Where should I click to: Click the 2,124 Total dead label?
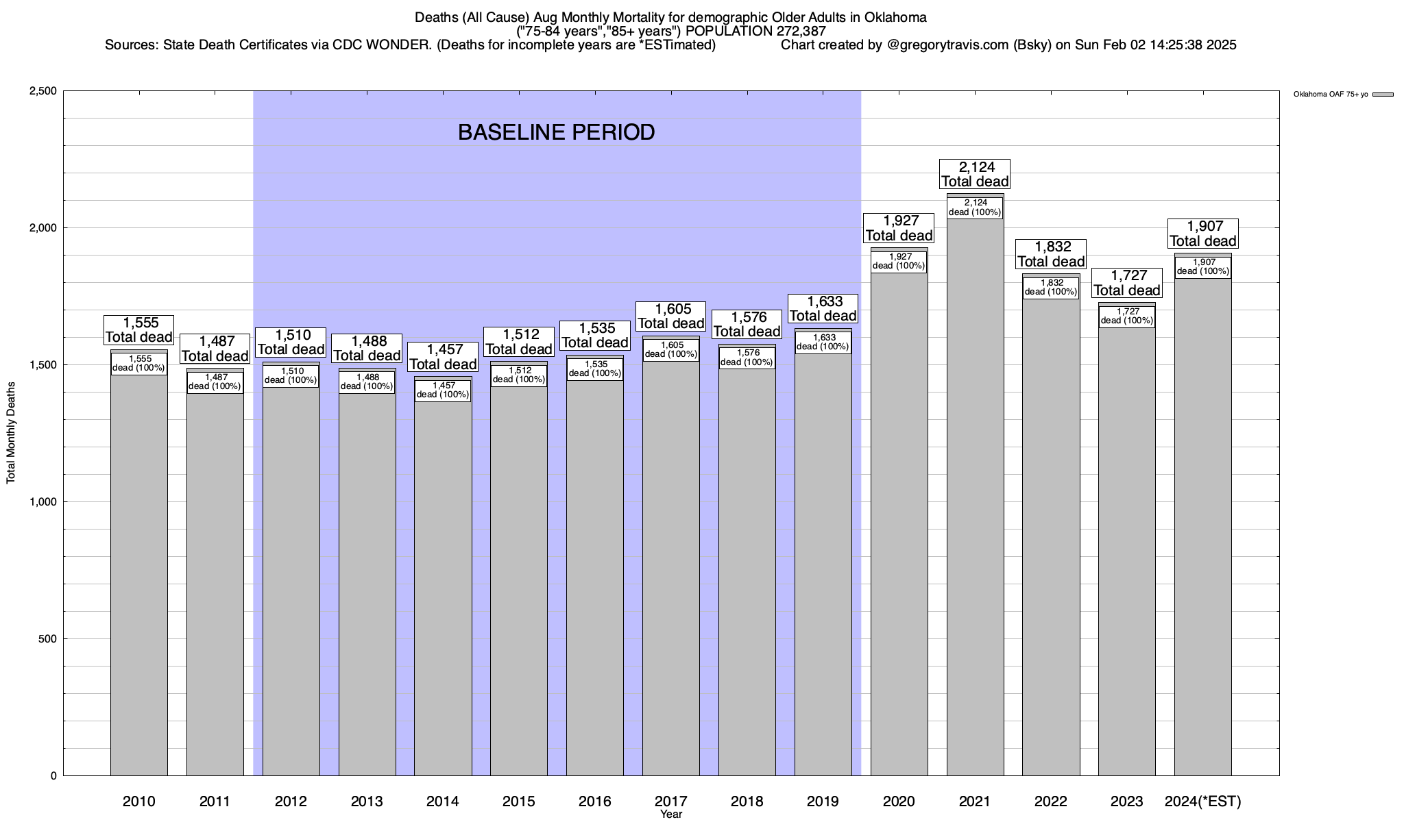(975, 174)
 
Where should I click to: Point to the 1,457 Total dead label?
(443, 357)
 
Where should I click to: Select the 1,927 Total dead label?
(899, 228)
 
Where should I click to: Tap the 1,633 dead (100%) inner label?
(823, 342)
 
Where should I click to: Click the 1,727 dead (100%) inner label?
(1126, 316)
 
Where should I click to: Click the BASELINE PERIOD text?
(556, 132)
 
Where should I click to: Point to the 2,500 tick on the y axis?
(43, 91)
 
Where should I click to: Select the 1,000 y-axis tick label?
(43, 502)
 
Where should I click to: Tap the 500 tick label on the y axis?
(47, 639)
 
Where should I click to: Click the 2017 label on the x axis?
(670, 801)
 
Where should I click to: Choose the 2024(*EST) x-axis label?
(1203, 801)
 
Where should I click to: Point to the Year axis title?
(671, 814)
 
